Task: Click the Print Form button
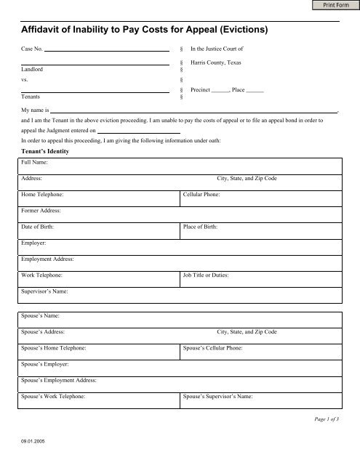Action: point(332,7)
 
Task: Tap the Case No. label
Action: point(33,51)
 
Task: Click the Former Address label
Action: point(41,211)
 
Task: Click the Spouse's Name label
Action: point(41,316)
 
